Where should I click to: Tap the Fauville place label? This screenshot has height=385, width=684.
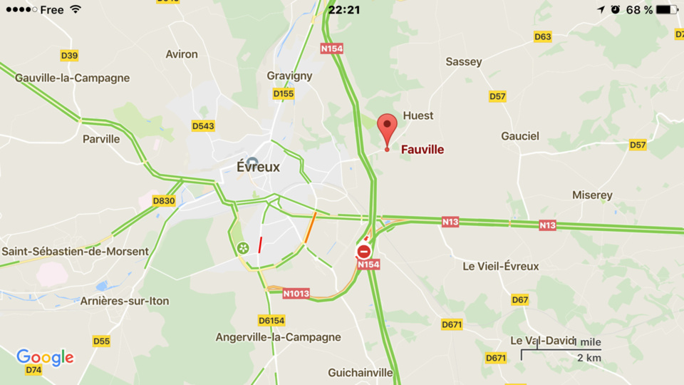tap(423, 150)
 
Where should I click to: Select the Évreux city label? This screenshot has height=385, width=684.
tap(258, 167)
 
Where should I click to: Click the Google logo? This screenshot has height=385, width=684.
tap(45, 356)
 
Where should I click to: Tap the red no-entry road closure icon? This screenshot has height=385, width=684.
tap(364, 251)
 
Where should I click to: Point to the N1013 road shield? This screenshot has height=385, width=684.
tap(296, 293)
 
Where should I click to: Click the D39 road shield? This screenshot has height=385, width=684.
tap(69, 56)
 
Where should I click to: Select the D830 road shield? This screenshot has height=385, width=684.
tap(164, 201)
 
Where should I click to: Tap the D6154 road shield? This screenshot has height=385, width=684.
tap(271, 321)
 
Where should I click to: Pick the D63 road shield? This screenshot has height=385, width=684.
tap(543, 37)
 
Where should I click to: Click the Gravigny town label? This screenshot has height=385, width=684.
tap(289, 76)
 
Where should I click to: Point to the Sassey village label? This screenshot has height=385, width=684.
tap(464, 62)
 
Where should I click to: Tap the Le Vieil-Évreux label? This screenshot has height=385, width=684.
tap(501, 266)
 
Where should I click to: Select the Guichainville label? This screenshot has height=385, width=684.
tap(361, 372)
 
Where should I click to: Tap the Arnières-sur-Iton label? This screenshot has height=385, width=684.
tap(125, 301)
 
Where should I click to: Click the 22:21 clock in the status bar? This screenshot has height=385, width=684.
tap(344, 10)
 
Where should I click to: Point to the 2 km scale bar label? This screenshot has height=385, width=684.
tap(589, 358)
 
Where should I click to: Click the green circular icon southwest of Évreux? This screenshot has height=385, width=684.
tap(243, 248)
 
